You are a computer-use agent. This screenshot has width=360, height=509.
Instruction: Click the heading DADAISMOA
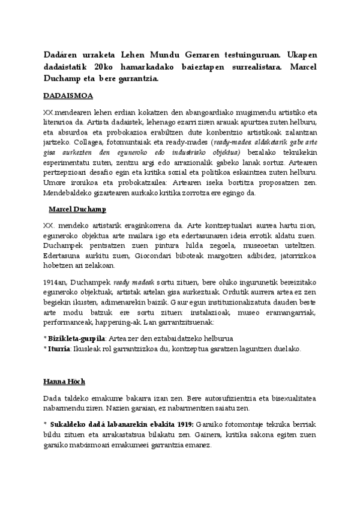tap(68, 95)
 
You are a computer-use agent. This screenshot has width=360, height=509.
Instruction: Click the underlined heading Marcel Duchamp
tap(77, 209)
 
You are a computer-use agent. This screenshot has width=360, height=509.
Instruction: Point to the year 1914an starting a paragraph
tap(56, 281)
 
